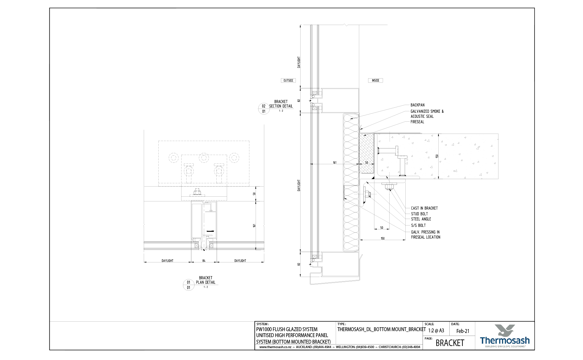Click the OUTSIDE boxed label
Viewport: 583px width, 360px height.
(x=288, y=80)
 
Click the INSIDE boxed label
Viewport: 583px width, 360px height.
(x=375, y=80)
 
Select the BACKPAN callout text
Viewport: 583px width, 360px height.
(x=417, y=105)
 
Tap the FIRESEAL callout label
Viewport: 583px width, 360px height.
(x=417, y=122)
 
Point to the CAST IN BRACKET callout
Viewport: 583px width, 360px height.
(x=424, y=208)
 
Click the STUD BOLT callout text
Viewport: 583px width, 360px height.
(x=419, y=214)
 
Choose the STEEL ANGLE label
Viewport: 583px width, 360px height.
(x=421, y=219)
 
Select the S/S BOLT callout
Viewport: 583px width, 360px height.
(x=418, y=226)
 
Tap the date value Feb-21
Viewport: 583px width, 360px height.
(x=462, y=331)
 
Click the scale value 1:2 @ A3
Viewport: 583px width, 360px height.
(x=436, y=331)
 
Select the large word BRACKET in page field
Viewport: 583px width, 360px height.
(x=450, y=343)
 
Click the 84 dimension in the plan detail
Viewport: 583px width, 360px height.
(x=204, y=261)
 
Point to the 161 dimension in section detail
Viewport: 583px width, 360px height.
(x=335, y=163)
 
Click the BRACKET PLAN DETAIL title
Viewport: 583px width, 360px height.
(x=205, y=280)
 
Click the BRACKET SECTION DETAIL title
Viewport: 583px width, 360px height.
(x=281, y=104)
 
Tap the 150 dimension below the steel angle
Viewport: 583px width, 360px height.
(x=382, y=238)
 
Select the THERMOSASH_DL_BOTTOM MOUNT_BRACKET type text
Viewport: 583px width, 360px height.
(x=381, y=329)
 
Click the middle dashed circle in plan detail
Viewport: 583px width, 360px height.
(x=204, y=157)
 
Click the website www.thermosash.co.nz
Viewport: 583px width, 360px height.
(x=275, y=347)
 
